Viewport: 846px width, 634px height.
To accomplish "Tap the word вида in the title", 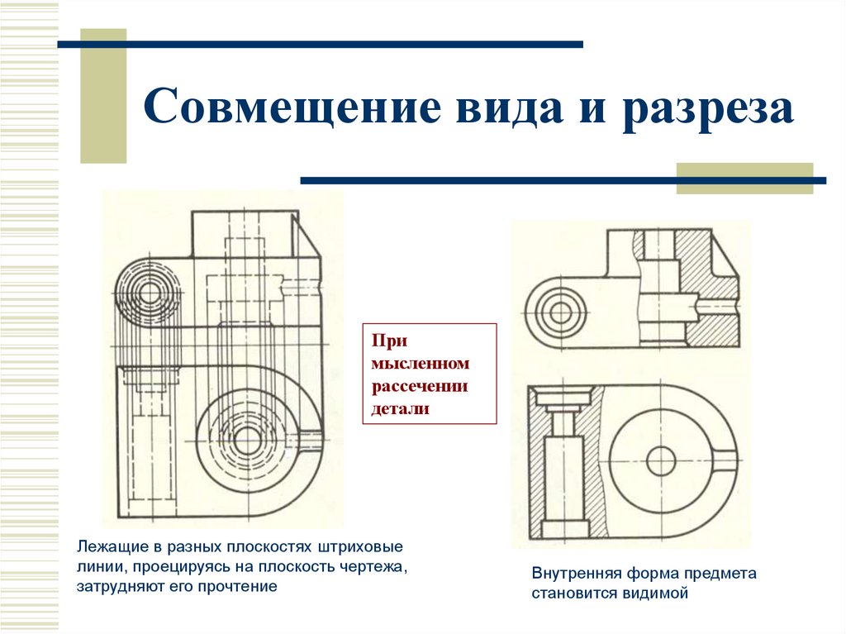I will (x=487, y=108).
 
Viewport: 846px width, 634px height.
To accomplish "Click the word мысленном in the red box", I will (x=420, y=365).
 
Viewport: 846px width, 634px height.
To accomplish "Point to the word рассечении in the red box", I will (x=420, y=387).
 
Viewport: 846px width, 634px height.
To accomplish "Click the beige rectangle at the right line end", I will (x=744, y=179).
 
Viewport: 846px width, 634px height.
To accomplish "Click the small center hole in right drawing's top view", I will (x=560, y=312).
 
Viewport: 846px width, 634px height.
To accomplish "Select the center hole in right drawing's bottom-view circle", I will (x=661, y=460).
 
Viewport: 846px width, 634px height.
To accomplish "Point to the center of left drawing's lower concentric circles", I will (x=245, y=440).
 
